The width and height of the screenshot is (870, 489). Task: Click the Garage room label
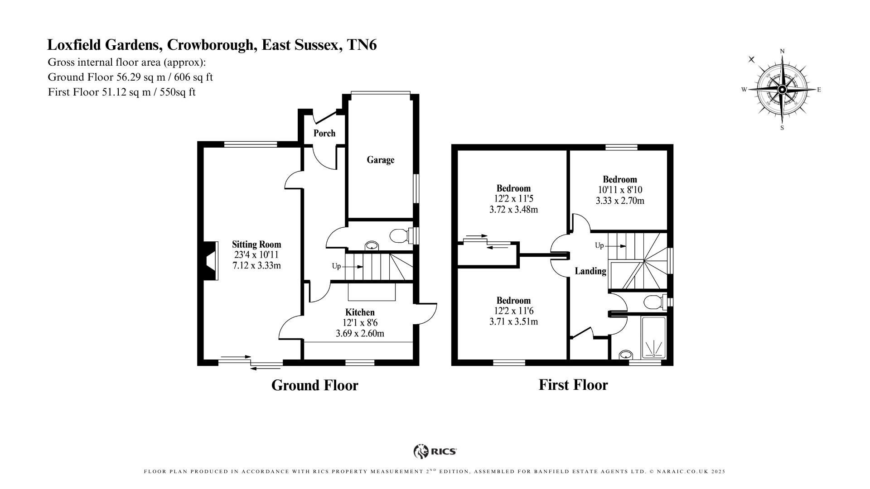[x=380, y=160]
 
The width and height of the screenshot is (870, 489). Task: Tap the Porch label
[x=324, y=133]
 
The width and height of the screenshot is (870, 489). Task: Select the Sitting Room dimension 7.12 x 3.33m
[x=256, y=265]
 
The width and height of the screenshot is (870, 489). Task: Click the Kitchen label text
[x=360, y=312]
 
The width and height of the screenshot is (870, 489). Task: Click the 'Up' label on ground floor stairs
[x=336, y=266]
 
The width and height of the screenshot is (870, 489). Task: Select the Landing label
[x=590, y=271]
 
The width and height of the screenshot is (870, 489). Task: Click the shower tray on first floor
[x=653, y=337]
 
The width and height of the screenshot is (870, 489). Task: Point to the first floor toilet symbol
[x=654, y=302]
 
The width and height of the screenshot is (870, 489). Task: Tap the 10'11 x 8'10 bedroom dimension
[x=619, y=190]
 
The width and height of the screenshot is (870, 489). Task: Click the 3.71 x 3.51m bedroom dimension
[x=513, y=322]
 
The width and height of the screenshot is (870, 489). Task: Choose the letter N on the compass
[x=782, y=52]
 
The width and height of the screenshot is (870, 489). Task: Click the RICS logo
[x=435, y=451]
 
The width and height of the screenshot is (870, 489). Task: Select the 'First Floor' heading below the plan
[x=573, y=385]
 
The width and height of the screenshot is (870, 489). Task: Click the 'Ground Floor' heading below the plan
[x=314, y=385]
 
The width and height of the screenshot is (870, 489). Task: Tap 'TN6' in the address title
[x=361, y=45]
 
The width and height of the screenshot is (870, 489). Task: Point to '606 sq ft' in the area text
[x=196, y=77]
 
